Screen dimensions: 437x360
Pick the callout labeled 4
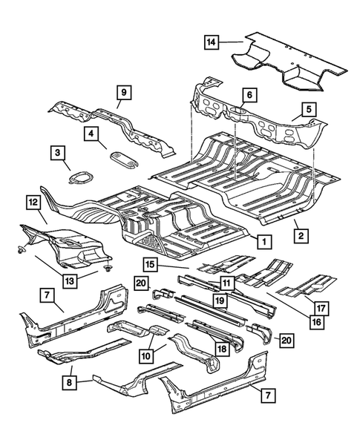[x=91, y=134]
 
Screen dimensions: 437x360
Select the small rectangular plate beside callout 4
[x=120, y=154]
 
